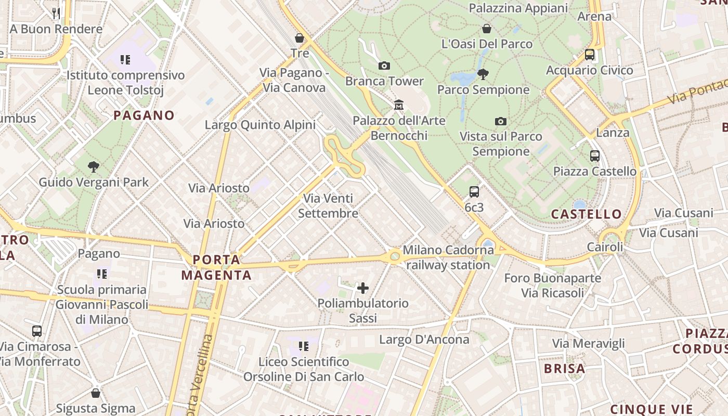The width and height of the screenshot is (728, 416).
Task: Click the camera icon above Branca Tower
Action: click(384, 66)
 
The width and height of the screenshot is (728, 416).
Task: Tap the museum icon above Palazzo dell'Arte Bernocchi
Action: click(399, 105)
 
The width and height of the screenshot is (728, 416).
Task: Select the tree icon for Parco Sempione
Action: click(483, 74)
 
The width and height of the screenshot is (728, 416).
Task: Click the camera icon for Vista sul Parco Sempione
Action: click(500, 121)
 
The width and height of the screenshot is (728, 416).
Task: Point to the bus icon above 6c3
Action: click(474, 191)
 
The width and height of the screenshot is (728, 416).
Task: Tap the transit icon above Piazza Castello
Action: click(594, 155)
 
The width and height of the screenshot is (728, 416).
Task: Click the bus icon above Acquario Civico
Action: click(590, 54)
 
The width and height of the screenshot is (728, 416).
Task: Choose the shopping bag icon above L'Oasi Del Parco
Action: click(487, 28)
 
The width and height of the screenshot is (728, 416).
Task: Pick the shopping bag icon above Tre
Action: click(300, 37)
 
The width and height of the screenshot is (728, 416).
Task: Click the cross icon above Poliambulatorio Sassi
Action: click(363, 288)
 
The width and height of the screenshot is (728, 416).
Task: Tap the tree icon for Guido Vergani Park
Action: click(94, 167)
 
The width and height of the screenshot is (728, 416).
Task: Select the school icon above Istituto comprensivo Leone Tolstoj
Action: click(125, 60)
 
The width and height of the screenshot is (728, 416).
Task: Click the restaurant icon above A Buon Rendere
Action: click(56, 13)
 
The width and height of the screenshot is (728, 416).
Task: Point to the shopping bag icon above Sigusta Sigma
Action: click(96, 393)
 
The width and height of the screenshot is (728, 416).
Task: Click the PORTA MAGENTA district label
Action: click(216, 267)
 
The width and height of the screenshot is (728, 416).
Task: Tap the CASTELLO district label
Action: click(586, 214)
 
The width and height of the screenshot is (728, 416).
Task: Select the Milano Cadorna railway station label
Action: click(448, 257)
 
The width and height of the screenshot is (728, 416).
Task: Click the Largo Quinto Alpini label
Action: click(260, 125)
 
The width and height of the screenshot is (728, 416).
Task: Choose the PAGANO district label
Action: click(144, 115)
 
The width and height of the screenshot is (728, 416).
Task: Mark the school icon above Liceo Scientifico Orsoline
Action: click(304, 346)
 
